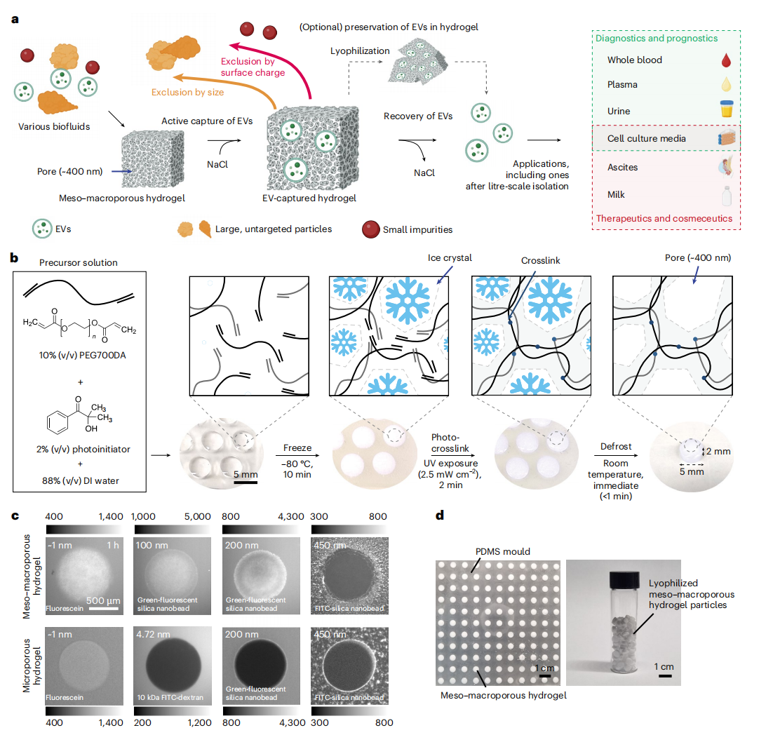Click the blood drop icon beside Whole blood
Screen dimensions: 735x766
pyautogui.click(x=726, y=61)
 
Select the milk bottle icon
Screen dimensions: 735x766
pyautogui.click(x=726, y=194)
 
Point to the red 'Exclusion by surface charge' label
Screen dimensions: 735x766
pyautogui.click(x=253, y=67)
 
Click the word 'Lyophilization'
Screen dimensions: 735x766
pyautogui.click(x=360, y=51)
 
